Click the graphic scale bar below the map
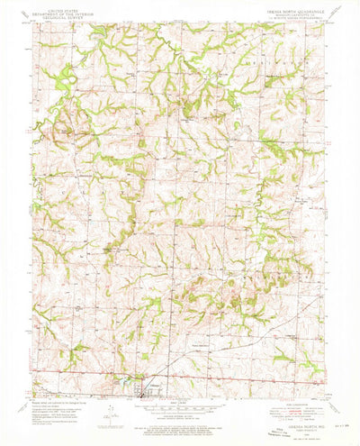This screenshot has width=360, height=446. pos(180,405)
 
